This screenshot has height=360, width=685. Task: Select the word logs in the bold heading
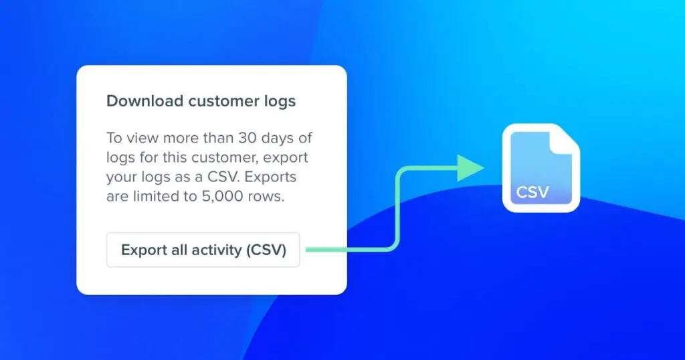(x=278, y=102)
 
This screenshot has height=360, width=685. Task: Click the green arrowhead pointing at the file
(x=472, y=168)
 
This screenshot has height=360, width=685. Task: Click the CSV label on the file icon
(x=532, y=193)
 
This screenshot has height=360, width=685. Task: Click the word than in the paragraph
(x=215, y=139)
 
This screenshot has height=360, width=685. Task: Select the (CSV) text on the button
(x=266, y=250)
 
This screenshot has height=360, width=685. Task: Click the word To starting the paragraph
(x=114, y=139)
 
